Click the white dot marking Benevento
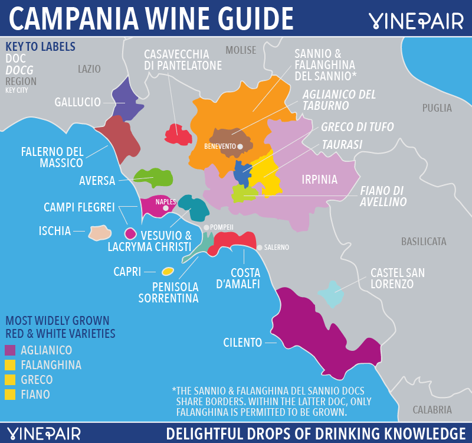click(x=240, y=146)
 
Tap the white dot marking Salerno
click(x=260, y=247)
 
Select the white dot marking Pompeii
click(x=206, y=227)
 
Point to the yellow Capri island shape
click(x=168, y=271)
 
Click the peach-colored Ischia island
click(x=99, y=233)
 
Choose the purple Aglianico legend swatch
click(x=10, y=350)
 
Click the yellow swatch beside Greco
click(x=10, y=380)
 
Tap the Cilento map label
click(x=242, y=343)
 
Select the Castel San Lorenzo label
click(x=398, y=278)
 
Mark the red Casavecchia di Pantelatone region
click(x=179, y=135)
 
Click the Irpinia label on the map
click(x=319, y=180)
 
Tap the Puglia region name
click(x=437, y=108)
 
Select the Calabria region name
click(x=432, y=410)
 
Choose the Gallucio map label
click(x=77, y=102)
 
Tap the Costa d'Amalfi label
click(x=245, y=278)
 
